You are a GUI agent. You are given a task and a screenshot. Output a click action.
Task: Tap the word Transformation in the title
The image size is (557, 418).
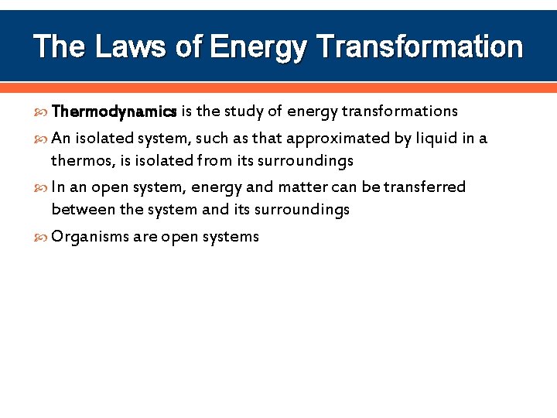(420, 46)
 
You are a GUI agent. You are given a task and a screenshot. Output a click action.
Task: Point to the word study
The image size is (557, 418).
(244, 111)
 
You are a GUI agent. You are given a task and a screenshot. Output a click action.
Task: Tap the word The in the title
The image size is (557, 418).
(60, 46)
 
